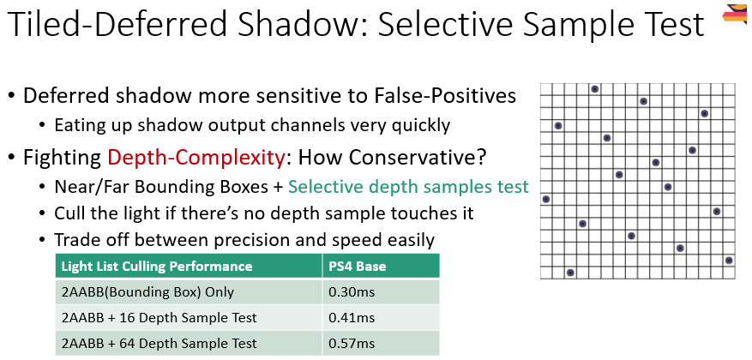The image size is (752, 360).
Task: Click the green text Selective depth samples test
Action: click(408, 186)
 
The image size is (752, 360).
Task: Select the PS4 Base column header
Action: click(358, 266)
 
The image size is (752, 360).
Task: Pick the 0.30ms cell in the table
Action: click(352, 291)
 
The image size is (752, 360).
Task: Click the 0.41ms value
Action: click(352, 317)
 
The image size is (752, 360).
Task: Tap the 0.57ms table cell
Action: click(352, 343)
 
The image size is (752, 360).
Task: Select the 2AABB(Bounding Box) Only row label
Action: click(148, 291)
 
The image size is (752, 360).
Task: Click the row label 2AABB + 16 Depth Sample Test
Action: click(159, 317)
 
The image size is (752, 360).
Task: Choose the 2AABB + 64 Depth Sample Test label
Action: click(159, 343)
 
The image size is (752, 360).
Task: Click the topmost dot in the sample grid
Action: click(594, 89)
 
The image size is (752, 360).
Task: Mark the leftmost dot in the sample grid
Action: click(546, 199)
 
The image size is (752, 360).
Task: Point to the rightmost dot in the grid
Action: click(729, 260)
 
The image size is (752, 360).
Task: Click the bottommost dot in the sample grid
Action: click(570, 273)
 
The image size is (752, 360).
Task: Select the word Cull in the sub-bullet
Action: click(69, 213)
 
